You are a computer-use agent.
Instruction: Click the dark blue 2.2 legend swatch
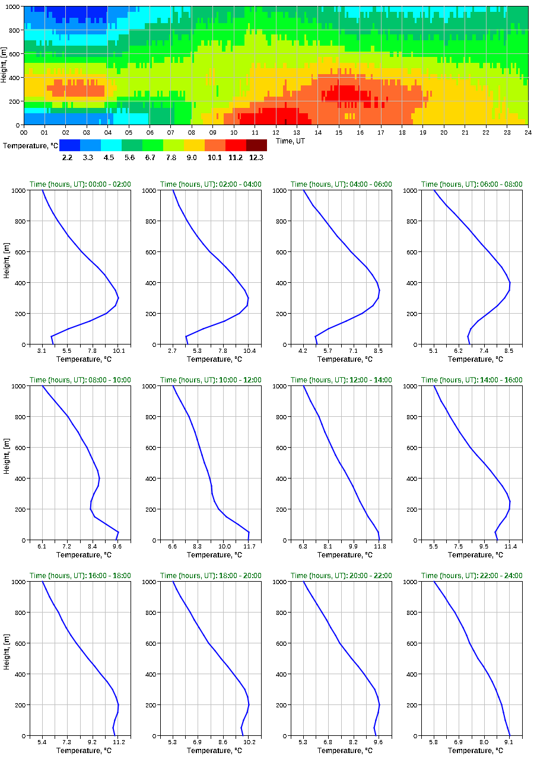tap(69, 145)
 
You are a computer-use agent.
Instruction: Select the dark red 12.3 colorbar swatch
tap(256, 145)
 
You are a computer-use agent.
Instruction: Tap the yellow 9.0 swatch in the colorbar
tap(194, 145)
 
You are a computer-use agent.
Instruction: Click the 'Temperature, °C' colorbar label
tap(30, 145)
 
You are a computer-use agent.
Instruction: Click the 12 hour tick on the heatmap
tap(276, 132)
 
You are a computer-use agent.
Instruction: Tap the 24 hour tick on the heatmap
tap(527, 132)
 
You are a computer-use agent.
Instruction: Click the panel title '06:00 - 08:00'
tap(472, 184)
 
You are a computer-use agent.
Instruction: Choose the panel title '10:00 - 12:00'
tap(211, 380)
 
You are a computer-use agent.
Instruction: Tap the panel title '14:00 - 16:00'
tap(472, 380)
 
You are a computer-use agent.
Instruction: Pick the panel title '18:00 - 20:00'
tap(211, 576)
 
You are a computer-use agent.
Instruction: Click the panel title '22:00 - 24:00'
tap(472, 576)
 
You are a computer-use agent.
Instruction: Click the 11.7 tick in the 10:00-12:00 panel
tap(249, 546)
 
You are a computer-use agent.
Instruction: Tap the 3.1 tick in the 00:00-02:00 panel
tap(42, 351)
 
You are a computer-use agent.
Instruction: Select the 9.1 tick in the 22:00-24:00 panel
tap(509, 742)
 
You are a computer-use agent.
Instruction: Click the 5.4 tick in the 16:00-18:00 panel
tap(42, 742)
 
